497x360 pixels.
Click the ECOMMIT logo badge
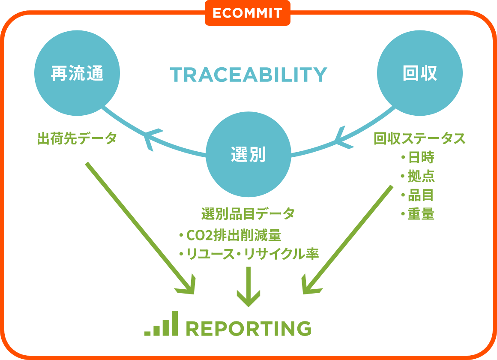[x=248, y=13]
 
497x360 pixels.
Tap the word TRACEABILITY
[x=248, y=75]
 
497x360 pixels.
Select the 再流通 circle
[x=77, y=73]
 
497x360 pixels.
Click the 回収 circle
[x=419, y=73]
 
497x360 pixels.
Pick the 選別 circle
[x=248, y=154]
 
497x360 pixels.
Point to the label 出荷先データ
[x=77, y=138]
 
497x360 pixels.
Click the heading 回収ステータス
[x=419, y=138]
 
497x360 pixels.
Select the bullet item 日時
[x=417, y=157]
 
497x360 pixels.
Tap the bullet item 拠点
[x=417, y=176]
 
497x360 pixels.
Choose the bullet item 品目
[x=417, y=195]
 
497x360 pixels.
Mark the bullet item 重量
[x=417, y=214]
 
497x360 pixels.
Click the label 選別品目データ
[x=248, y=213]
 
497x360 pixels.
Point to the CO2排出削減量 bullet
[x=230, y=235]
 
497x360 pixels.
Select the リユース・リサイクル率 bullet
[x=249, y=254]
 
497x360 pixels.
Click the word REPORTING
[x=248, y=328]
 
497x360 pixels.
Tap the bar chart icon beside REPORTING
[x=162, y=323]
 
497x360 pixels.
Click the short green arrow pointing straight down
[x=248, y=287]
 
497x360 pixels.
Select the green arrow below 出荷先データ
[x=140, y=228]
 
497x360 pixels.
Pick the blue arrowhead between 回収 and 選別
[x=343, y=138]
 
